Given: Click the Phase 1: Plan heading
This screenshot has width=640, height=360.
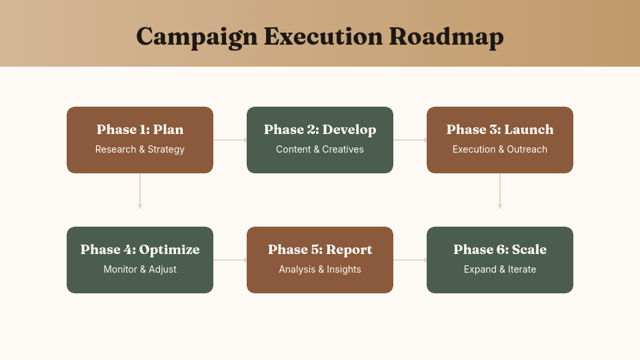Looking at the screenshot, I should click(140, 129).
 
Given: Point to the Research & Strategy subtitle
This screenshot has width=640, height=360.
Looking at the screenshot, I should click(140, 149).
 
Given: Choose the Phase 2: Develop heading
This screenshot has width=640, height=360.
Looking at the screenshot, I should click(320, 129).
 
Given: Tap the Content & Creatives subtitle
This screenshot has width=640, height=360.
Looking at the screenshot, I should click(320, 149).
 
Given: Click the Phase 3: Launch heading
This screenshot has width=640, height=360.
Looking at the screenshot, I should click(500, 129).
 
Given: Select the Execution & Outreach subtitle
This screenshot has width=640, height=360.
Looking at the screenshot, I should click(500, 149).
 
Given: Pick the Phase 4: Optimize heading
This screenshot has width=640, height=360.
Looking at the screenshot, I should click(140, 249).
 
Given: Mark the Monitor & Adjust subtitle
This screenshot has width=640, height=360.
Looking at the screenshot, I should click(140, 269).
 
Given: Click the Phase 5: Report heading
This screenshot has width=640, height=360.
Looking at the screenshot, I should click(320, 249).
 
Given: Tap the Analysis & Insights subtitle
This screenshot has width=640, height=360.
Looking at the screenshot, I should click(320, 269).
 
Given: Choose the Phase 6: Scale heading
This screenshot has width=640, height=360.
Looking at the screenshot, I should click(500, 249).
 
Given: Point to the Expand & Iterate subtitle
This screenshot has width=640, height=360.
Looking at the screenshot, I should click(500, 269).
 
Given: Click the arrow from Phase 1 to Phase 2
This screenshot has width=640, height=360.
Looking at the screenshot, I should click(230, 140).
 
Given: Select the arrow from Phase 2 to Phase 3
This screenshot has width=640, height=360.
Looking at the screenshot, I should click(410, 140).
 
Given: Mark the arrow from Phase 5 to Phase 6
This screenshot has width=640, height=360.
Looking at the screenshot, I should click(410, 260).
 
